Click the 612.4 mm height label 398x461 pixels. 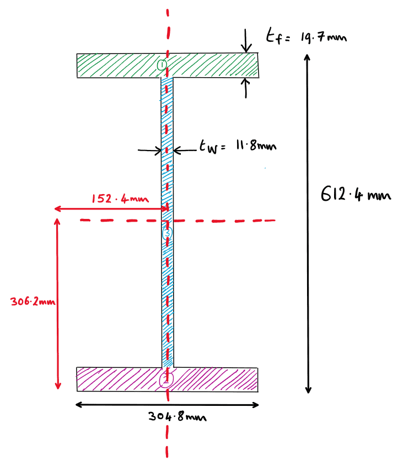click(356, 195)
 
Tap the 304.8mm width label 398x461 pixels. click(178, 417)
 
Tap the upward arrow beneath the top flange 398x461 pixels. click(246, 88)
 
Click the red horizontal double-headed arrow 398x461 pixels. click(110, 209)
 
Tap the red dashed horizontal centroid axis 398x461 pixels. click(232, 221)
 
